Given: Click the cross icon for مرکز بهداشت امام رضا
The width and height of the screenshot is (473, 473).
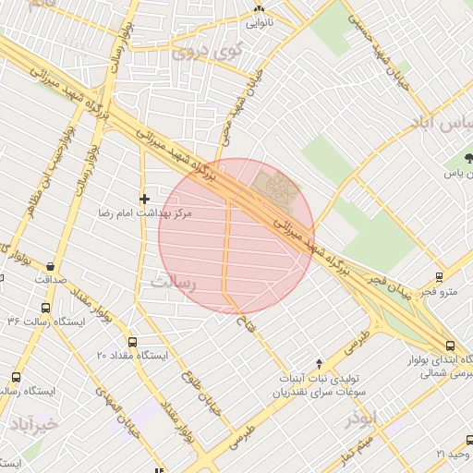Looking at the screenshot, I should (143, 199).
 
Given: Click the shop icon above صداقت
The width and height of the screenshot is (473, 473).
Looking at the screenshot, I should (49, 266).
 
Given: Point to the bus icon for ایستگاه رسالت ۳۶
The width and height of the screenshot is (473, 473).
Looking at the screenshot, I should (45, 309).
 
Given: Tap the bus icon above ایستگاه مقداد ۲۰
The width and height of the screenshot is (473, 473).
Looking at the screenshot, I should (131, 342).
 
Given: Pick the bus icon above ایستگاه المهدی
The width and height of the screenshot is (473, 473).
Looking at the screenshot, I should (15, 377).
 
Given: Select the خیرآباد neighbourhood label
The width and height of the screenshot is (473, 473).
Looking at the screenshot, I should (34, 423).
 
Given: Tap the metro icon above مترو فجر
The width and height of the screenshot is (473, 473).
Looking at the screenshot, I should (438, 275).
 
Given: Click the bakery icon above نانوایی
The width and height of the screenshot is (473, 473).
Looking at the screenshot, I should (259, 9).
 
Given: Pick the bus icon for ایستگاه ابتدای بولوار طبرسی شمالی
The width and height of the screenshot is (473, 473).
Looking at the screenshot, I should (450, 343).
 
